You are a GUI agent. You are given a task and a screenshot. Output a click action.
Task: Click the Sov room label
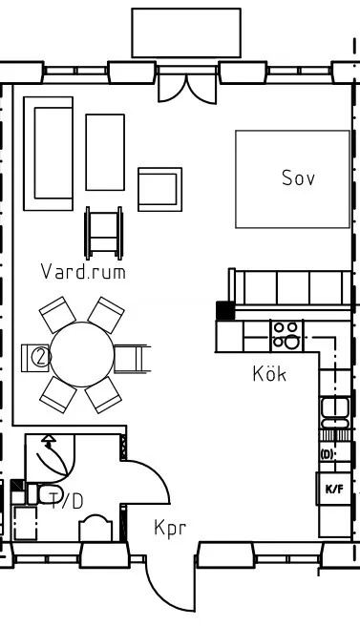click(298, 178)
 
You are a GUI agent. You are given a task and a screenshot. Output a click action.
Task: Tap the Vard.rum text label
click(83, 271)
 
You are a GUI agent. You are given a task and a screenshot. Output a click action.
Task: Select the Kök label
click(269, 374)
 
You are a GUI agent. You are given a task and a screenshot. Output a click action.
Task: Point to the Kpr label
click(170, 528)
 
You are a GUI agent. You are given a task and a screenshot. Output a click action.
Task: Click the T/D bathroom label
click(67, 501)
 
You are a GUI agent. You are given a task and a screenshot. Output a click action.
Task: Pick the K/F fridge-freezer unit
click(334, 489)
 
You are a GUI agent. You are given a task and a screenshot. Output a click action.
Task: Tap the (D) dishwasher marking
click(328, 454)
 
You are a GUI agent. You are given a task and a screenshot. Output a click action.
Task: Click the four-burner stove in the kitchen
click(286, 336)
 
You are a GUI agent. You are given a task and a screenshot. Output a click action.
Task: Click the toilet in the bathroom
click(44, 494)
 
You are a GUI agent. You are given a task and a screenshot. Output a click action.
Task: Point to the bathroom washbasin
click(95, 528)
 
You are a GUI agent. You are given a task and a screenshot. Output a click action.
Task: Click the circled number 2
click(41, 357)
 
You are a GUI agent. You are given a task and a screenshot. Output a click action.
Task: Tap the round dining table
click(82, 354)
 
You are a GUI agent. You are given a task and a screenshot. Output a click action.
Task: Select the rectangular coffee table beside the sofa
click(105, 152)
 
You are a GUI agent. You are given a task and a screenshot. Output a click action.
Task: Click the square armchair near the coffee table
click(159, 189)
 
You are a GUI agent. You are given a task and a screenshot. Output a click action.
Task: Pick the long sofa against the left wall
click(49, 154)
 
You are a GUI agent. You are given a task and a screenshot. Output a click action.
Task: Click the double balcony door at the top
click(187, 90)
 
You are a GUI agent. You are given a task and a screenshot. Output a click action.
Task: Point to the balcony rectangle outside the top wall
click(186, 32)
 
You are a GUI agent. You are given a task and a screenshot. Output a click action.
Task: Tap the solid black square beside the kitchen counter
click(225, 310)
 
